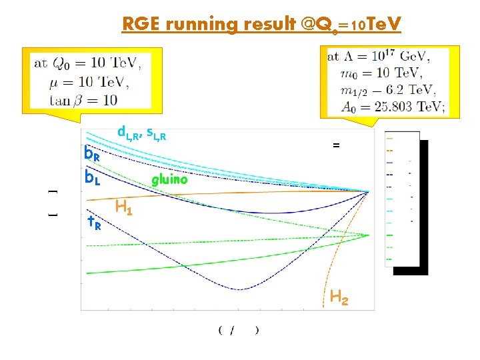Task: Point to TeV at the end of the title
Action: click(x=383, y=25)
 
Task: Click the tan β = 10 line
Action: click(x=83, y=100)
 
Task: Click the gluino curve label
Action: click(x=169, y=180)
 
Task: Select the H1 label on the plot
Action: click(x=123, y=208)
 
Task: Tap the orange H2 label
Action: click(x=339, y=297)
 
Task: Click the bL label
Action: click(x=92, y=179)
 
